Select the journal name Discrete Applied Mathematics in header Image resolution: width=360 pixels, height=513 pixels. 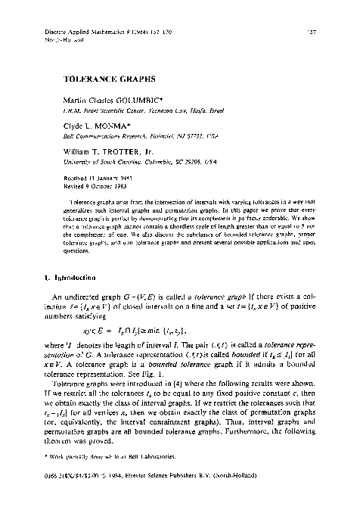coord(90,32)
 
